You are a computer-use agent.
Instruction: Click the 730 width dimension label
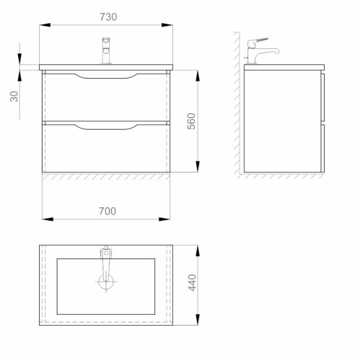coord(108,17)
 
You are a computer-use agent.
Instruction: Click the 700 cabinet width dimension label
coord(107,212)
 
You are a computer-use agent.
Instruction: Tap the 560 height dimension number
coord(191,121)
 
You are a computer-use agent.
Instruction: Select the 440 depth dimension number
coord(192,282)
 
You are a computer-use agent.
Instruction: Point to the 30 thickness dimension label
coord(14,96)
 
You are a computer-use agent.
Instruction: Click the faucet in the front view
coord(106,51)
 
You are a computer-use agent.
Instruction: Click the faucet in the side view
coord(262,51)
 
